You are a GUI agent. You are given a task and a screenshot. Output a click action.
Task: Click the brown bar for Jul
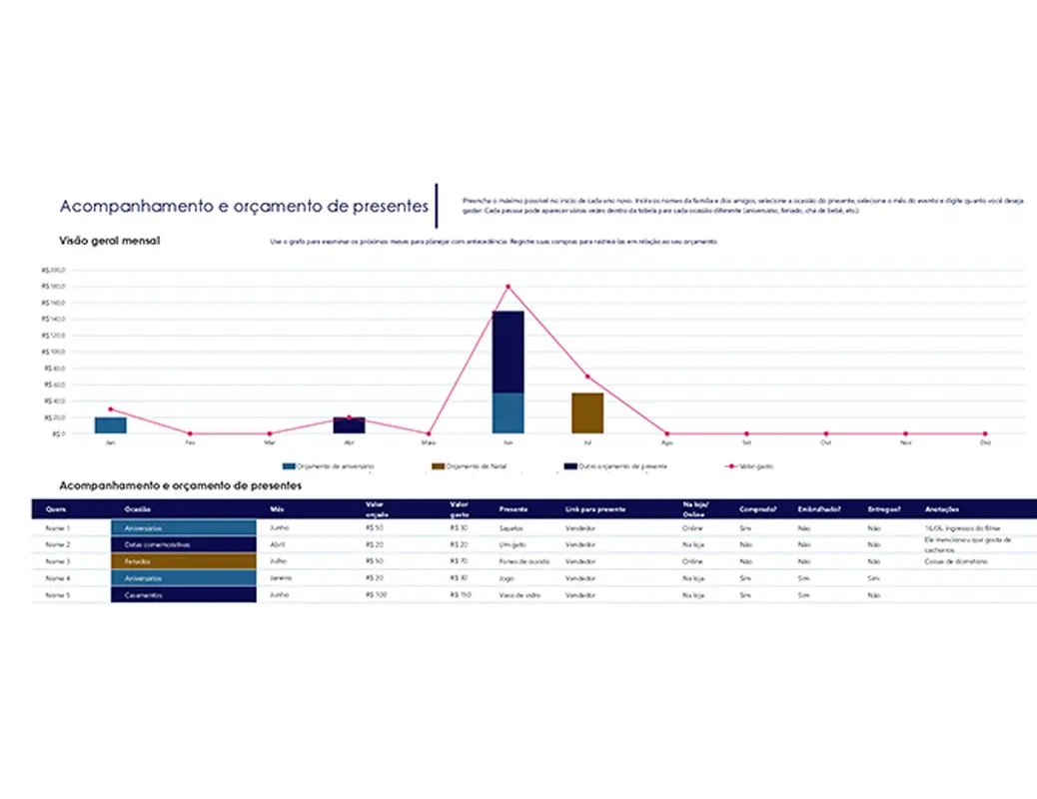587,412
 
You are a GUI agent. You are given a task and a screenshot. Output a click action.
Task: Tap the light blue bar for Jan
110,425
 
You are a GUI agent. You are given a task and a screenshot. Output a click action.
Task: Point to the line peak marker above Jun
508,287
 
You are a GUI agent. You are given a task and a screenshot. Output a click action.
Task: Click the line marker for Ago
666,433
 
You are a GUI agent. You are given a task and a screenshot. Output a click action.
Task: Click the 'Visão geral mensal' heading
110,241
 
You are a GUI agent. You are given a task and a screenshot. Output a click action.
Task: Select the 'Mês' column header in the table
277,508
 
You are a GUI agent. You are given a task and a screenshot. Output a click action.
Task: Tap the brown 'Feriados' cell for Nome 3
183,561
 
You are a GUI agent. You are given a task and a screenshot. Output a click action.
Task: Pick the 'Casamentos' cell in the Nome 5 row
183,595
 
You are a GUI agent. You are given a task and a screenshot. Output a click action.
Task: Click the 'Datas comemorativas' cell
183,544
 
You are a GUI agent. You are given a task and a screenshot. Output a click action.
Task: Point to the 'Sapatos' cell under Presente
512,527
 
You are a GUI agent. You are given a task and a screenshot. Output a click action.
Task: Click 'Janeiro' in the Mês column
282,578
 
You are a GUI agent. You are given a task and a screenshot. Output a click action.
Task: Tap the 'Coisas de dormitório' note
957,561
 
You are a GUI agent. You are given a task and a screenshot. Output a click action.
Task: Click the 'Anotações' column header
943,508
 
